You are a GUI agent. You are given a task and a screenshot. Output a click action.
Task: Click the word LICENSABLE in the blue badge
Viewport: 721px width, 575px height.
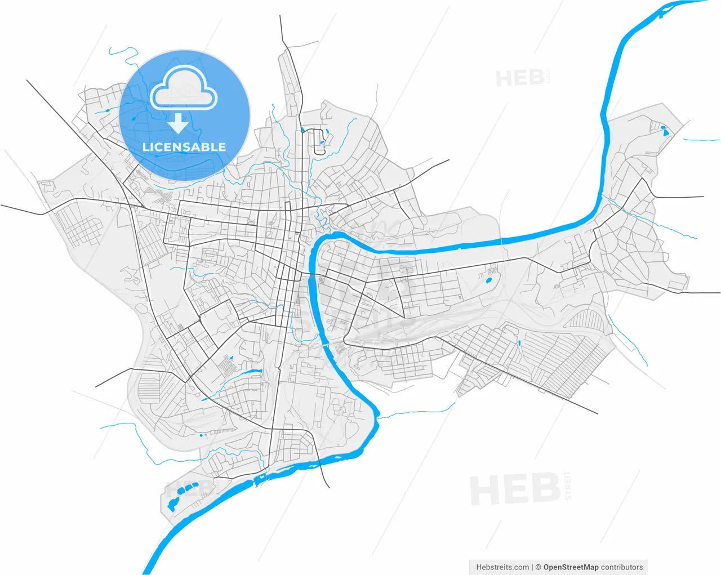184,148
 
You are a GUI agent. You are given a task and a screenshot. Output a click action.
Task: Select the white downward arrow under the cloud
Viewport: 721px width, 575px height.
179,122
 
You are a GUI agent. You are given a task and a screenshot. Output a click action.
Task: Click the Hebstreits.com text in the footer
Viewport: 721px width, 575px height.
502,567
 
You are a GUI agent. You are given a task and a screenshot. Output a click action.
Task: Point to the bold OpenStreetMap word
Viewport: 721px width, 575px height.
571,567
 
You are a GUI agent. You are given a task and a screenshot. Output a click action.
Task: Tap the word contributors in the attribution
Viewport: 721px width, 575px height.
622,567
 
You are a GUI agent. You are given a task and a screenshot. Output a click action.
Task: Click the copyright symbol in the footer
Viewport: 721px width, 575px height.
538,567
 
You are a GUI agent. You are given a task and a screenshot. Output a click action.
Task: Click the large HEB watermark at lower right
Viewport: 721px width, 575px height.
515,489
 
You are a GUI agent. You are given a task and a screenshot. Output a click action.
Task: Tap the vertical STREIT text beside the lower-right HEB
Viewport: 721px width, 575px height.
568,485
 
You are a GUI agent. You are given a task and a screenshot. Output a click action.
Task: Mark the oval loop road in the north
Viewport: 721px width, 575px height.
319,141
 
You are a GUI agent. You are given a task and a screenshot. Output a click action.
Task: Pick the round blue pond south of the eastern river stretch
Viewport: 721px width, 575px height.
488,279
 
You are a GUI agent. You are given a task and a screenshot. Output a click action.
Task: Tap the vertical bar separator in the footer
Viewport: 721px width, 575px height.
532,567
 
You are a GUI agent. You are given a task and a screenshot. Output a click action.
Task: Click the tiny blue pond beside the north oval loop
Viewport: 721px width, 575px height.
302,130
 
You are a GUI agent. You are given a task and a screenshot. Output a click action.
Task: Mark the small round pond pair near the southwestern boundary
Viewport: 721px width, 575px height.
202,435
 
